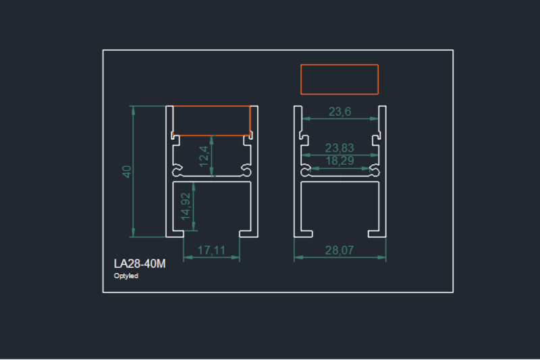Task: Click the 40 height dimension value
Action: [x=127, y=172]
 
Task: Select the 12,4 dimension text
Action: [x=204, y=156]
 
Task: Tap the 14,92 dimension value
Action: [x=185, y=207]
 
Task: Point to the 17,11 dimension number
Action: [x=211, y=250]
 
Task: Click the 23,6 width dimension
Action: [x=340, y=111]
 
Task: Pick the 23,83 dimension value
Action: [x=340, y=148]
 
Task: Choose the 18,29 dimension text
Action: [x=340, y=161]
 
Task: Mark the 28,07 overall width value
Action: [x=340, y=250]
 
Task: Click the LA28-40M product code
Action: [x=140, y=263]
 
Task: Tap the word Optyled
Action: [x=126, y=276]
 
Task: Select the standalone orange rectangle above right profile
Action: [x=340, y=79]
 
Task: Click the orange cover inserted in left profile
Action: [x=211, y=121]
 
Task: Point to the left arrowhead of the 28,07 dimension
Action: [x=298, y=257]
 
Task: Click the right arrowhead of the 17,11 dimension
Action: [x=236, y=257]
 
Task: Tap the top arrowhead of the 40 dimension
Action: [x=134, y=110]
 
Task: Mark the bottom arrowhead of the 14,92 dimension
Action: [x=194, y=226]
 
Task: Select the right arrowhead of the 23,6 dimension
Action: [x=374, y=118]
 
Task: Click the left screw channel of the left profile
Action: [x=177, y=170]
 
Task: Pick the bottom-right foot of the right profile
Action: [x=377, y=234]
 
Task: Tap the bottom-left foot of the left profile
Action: [x=175, y=234]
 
